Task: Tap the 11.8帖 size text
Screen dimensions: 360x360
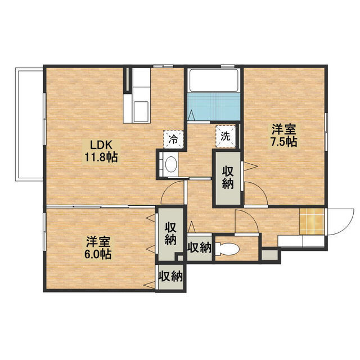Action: pyautogui.click(x=101, y=157)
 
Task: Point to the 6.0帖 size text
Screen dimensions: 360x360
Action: pyautogui.click(x=98, y=254)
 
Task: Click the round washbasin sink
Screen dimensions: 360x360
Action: pyautogui.click(x=170, y=164)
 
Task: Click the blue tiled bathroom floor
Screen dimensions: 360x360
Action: pyautogui.click(x=214, y=107)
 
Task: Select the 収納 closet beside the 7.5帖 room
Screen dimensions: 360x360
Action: pyautogui.click(x=227, y=178)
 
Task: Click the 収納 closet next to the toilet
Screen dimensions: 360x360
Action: pyautogui.click(x=199, y=247)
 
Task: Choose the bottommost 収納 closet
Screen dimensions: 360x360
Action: pyautogui.click(x=170, y=276)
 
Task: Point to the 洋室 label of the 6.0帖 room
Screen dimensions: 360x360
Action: pyautogui.click(x=98, y=241)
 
